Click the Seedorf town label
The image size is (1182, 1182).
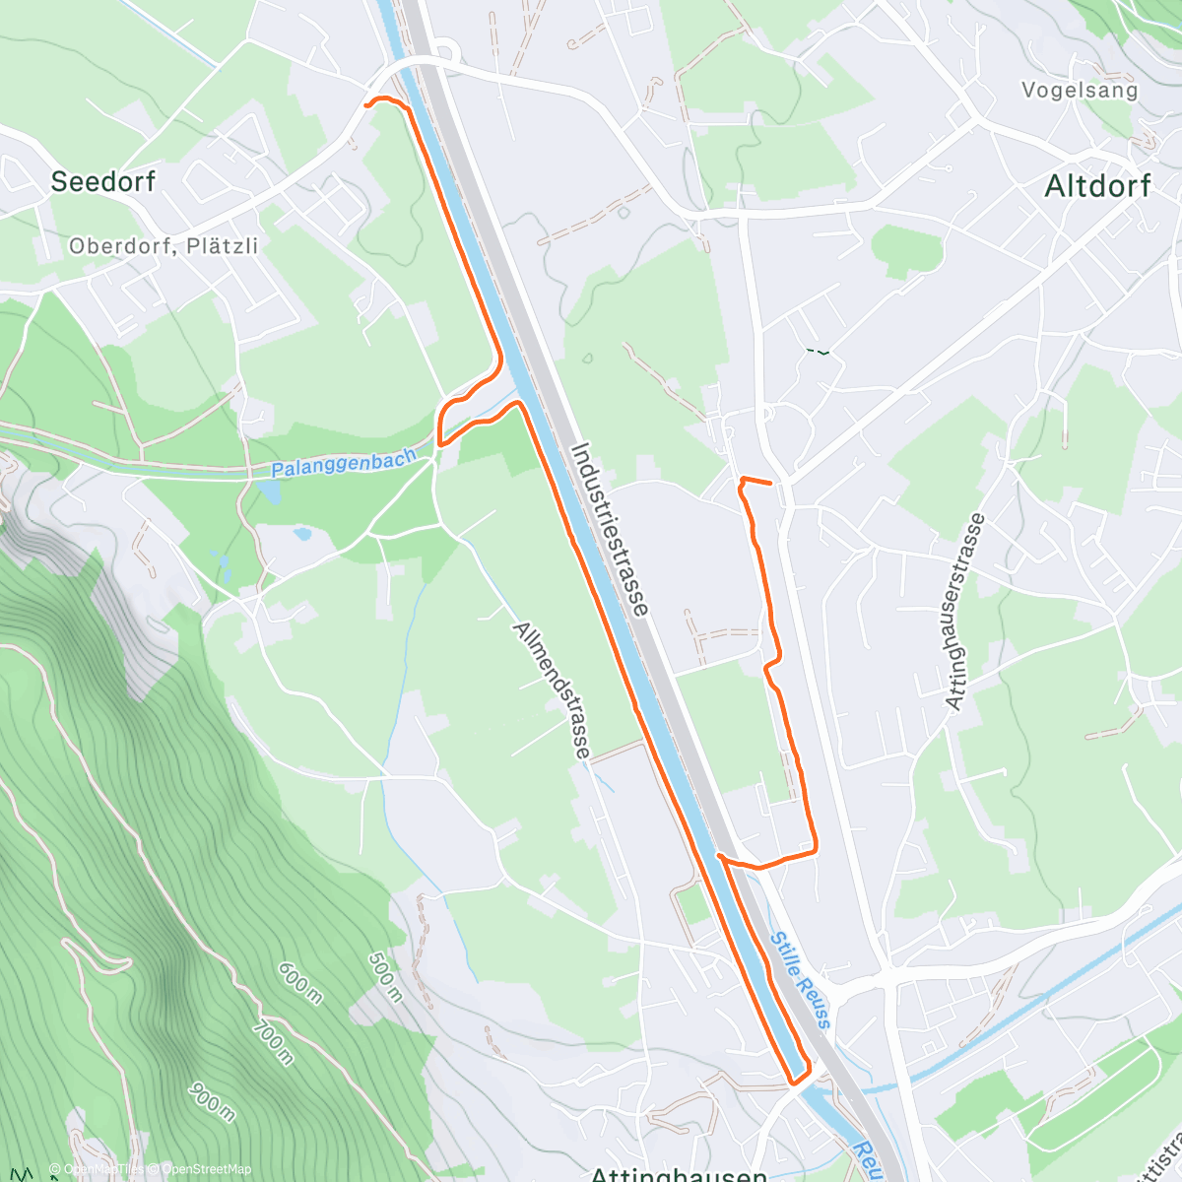coord(102,181)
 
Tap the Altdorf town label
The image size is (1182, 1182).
coord(1097,185)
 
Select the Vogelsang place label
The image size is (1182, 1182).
coord(1079,91)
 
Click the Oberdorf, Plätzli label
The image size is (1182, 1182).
coord(164,245)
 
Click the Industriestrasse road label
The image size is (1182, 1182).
coord(610,529)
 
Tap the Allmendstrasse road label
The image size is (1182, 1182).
coord(552,689)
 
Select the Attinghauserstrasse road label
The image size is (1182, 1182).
coord(964,611)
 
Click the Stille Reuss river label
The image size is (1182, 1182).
coord(801,980)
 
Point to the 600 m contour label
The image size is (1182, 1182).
coord(299,982)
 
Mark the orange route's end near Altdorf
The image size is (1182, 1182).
coord(769,483)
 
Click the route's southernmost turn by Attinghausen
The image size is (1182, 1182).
coord(794,1082)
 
